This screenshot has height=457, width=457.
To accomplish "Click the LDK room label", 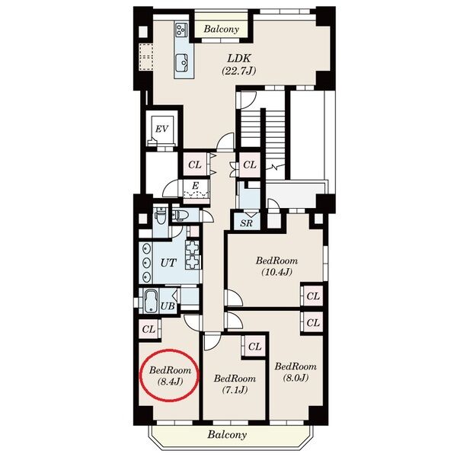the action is point(238,59).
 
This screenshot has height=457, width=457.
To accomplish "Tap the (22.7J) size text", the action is point(238,71).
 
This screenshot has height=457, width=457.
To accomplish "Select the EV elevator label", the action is point(161,129).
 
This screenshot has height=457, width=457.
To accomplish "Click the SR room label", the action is point(246,223).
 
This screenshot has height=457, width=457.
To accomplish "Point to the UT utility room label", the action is point(168,263).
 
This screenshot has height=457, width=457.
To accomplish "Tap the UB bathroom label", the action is point(168,305).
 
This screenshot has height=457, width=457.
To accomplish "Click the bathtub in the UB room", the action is point(151,301).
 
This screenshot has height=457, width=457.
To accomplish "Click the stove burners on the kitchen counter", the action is point(181,30).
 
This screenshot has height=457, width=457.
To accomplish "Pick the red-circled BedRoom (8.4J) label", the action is point(170,376).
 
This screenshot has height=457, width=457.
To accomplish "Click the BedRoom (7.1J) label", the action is point(235,384).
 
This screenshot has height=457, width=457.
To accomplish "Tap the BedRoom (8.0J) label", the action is point(296,372).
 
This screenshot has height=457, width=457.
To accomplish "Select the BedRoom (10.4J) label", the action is point(276,266).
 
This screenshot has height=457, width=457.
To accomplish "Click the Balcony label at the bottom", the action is point(227,435).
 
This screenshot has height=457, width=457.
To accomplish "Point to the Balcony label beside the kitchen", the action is point(221,29).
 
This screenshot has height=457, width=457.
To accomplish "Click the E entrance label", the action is point(196,186).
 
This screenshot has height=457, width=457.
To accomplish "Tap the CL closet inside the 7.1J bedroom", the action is point(254,347).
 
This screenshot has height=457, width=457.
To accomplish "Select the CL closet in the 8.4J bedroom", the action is point(149,329).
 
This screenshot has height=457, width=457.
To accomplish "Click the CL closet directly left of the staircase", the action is point(250,165).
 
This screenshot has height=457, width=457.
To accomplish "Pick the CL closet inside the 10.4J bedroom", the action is point(313,296).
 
